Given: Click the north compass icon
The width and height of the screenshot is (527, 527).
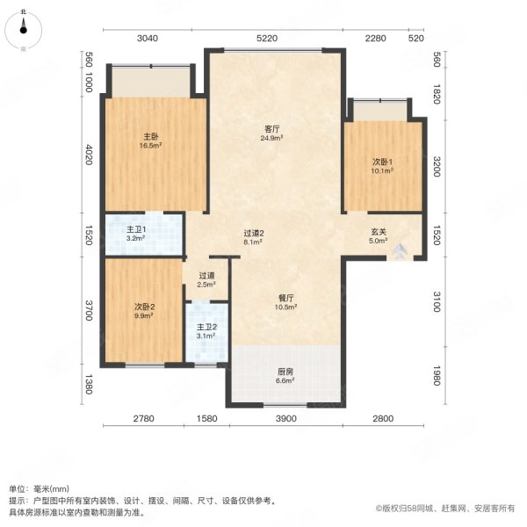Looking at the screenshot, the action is tap(23, 30).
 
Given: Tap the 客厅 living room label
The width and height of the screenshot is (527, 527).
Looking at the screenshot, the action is tap(272, 129).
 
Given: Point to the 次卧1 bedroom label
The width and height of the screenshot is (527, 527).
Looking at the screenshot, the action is tap(382, 162).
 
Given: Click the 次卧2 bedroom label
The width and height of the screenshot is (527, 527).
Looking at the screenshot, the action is tap(145, 307).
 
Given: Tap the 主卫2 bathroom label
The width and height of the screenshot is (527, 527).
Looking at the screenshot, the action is tap(206, 327).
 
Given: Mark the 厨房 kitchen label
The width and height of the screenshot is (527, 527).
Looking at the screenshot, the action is tap(285, 372).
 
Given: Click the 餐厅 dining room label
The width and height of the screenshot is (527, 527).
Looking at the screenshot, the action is tap(286, 298).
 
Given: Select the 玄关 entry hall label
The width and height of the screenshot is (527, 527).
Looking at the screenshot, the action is tap(379, 232).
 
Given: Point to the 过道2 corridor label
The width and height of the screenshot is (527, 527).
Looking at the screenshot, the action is tap(254, 233).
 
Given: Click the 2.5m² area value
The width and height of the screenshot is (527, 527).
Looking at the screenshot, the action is tap(206, 285).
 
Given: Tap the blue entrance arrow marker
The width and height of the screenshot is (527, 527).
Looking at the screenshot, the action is tap(400, 251).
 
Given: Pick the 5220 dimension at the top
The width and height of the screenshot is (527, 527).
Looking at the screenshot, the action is tap(267, 39).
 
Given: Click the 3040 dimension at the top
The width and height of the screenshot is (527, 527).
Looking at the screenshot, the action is tap(148, 39).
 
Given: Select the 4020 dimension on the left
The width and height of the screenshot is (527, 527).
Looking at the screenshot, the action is tap(89, 155).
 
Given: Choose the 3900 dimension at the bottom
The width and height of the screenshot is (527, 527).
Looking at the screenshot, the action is tap(286, 418).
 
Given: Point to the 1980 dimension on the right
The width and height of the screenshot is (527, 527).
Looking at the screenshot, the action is tap(437, 375).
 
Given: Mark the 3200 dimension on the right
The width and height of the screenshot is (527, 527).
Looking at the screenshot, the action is tap(437, 166).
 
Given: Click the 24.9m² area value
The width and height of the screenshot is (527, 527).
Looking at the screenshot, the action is tap(271, 138).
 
